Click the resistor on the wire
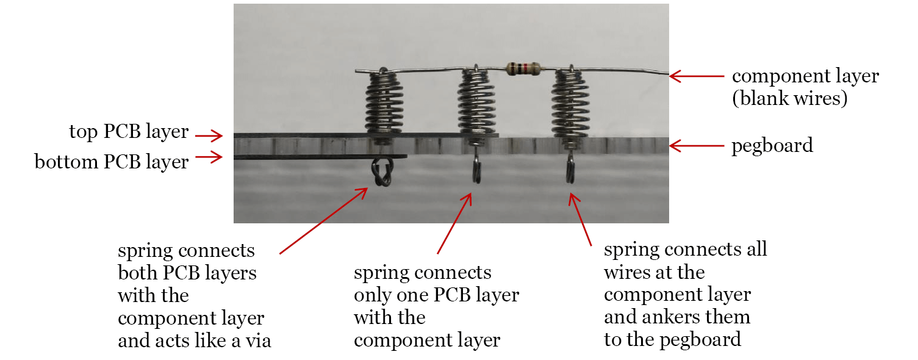[523, 68]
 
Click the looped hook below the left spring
[382, 173]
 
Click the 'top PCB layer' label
[129, 132]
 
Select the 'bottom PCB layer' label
[112, 162]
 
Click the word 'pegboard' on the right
[772, 146]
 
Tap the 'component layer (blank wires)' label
[805, 87]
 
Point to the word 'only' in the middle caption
[373, 295]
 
